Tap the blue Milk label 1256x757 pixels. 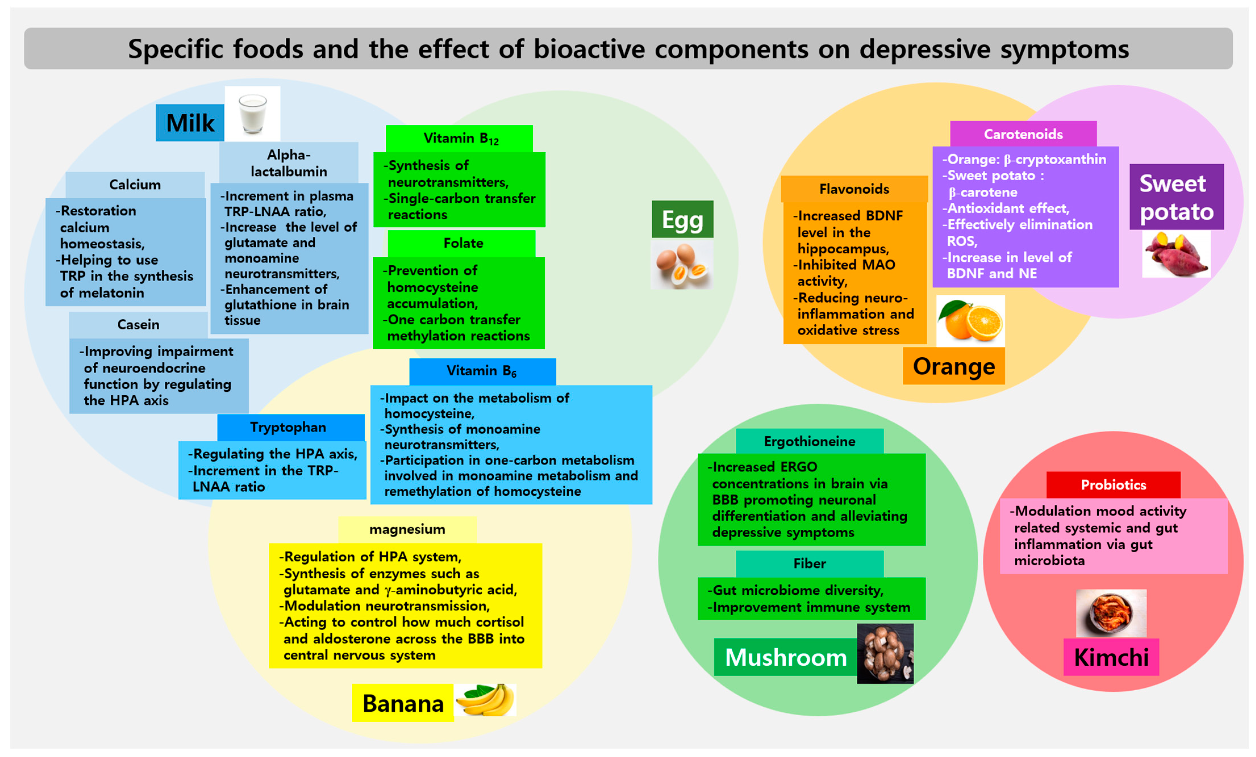(x=190, y=123)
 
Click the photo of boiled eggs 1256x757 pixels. (x=682, y=264)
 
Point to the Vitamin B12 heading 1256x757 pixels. (x=459, y=138)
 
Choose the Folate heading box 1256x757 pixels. (x=462, y=243)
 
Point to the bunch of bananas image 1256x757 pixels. (x=485, y=700)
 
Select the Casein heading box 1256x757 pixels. (x=138, y=324)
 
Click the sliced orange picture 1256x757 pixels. (x=970, y=321)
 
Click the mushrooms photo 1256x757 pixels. (x=885, y=654)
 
